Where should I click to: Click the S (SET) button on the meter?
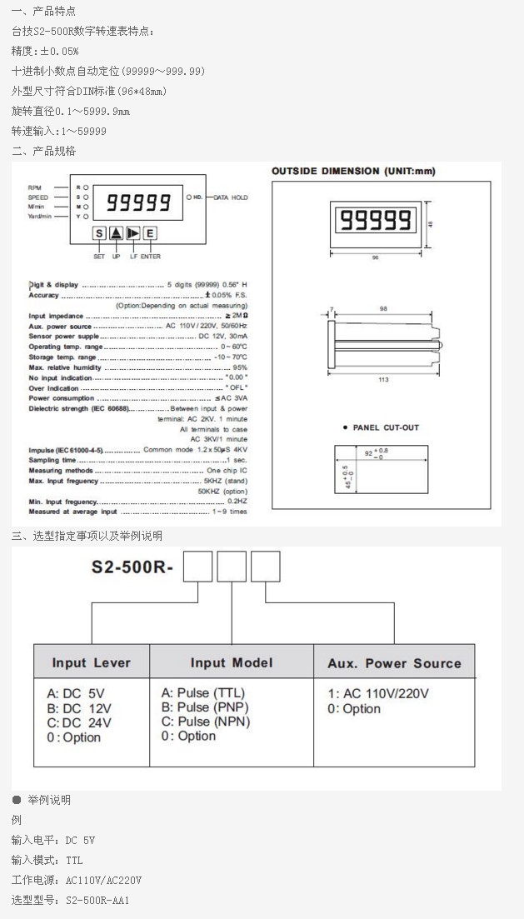coord(99,234)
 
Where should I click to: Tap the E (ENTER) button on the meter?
coord(150,234)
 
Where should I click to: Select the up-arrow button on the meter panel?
coord(117,234)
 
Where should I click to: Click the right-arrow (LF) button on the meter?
coord(133,234)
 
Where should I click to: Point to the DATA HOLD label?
coord(231,197)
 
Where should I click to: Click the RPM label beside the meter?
coord(34,188)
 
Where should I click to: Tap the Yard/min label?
coord(39,216)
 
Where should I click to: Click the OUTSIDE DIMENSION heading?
coord(353,172)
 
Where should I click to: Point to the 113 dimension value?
coord(383,380)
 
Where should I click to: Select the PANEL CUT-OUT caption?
coord(385,427)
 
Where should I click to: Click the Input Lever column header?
coord(91,663)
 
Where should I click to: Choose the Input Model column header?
coord(231,662)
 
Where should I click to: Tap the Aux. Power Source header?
coord(394,663)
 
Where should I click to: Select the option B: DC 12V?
coord(79,708)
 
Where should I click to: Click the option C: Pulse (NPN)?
coord(205,722)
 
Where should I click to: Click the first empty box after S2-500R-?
coord(197,567)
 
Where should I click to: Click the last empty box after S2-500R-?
coord(265,567)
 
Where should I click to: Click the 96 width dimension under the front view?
coord(375,258)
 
